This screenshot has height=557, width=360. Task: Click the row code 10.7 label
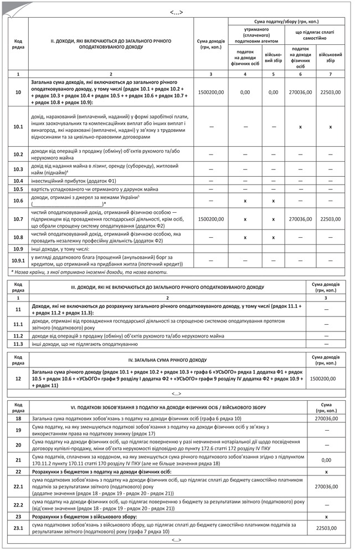18,219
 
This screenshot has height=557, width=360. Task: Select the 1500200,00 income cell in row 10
210,92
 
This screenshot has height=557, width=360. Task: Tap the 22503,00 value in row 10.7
331,219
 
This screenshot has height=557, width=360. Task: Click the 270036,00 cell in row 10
300,92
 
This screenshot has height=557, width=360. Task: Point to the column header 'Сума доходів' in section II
210,44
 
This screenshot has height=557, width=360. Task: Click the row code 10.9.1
18,260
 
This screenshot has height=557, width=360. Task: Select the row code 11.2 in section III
18,336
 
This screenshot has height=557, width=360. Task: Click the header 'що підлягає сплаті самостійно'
315,35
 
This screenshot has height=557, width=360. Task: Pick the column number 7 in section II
331,74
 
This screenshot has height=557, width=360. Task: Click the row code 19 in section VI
18,430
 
